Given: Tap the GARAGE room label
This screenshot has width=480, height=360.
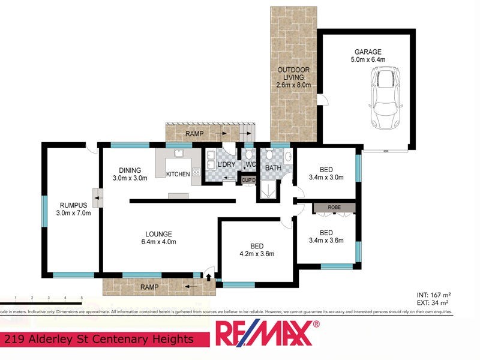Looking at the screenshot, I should click(x=367, y=52).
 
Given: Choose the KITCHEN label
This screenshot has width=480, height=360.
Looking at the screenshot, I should click(x=178, y=174).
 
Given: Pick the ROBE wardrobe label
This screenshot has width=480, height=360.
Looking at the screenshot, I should click(x=334, y=208).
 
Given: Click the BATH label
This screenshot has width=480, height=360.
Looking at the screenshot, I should click(x=274, y=169).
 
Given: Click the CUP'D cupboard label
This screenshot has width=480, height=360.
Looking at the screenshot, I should click(x=248, y=179).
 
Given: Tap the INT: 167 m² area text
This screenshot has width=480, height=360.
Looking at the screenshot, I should click(x=433, y=295).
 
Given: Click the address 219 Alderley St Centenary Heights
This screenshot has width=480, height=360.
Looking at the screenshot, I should click(x=99, y=340).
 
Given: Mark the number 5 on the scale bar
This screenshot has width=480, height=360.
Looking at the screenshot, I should click(x=81, y=297).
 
